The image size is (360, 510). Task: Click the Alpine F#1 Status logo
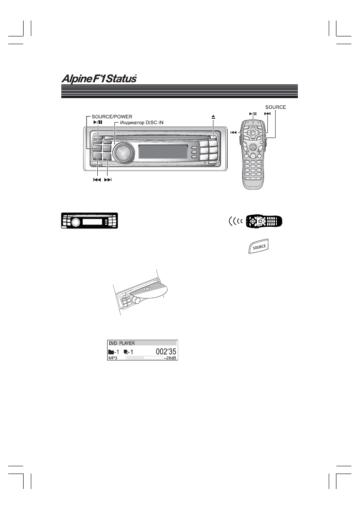tap(98, 79)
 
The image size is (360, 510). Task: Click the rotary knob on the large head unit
tap(123, 151)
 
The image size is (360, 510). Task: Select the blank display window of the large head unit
tap(162, 151)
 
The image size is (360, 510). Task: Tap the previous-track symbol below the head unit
tap(97, 180)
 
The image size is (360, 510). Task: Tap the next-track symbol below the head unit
tap(108, 180)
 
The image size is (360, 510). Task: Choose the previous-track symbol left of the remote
tap(234, 132)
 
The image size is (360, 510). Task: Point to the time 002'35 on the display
tap(162, 352)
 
